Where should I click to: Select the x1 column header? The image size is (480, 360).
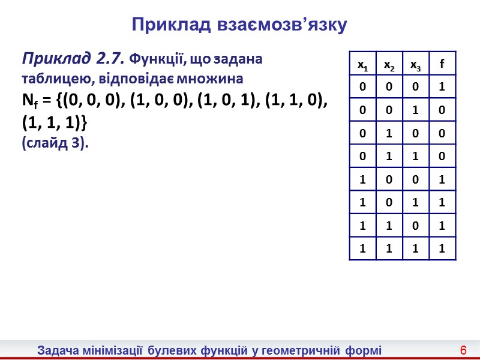362,64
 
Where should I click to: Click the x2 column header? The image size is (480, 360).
389,64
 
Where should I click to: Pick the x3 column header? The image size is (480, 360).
415,64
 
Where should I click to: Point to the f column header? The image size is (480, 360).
442,64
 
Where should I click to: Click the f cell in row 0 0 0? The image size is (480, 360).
442,88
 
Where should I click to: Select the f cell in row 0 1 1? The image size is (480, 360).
442,157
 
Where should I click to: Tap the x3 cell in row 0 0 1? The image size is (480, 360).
415,111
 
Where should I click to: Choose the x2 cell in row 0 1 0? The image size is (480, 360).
389,134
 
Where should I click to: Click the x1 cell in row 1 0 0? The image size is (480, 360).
362,180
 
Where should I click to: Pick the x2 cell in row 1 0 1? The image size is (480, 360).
389,203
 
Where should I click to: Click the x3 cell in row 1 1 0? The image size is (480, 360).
415,226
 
